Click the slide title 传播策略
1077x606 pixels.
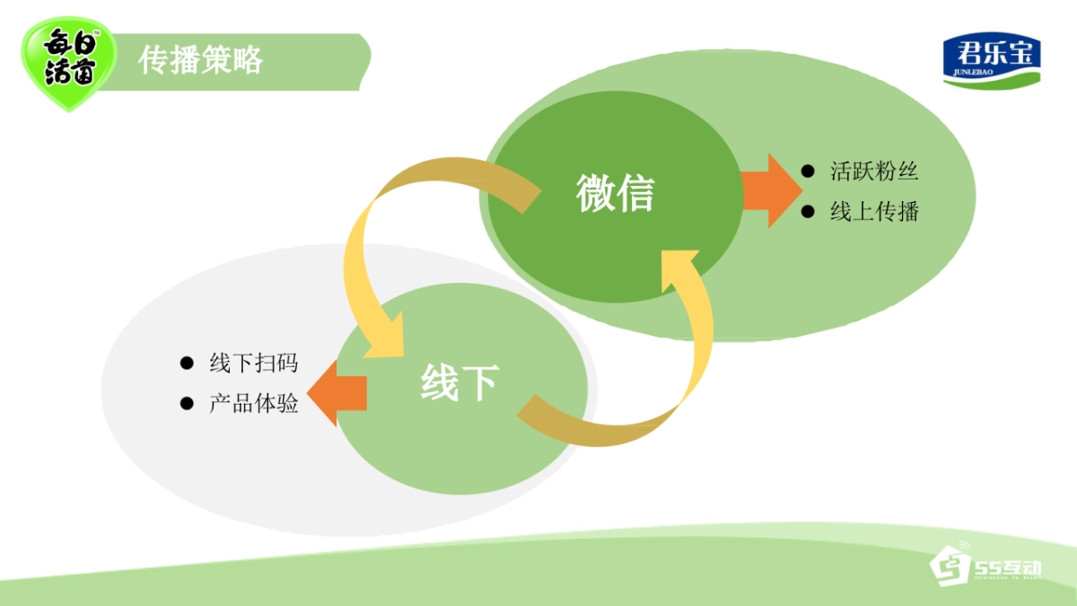(201, 60)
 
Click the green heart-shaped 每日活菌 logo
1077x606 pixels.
(69, 64)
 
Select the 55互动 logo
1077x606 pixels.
(985, 566)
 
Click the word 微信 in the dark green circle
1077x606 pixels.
(616, 192)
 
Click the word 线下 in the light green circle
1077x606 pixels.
(460, 383)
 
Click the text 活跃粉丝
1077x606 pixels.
(874, 171)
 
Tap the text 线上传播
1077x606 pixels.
(874, 212)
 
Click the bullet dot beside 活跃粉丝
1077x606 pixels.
(808, 171)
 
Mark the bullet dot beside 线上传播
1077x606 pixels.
(808, 212)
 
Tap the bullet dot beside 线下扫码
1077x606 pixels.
(187, 364)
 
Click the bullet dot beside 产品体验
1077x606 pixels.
(187, 404)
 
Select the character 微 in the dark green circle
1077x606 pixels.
(596, 192)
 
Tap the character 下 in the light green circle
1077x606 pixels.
(479, 383)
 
